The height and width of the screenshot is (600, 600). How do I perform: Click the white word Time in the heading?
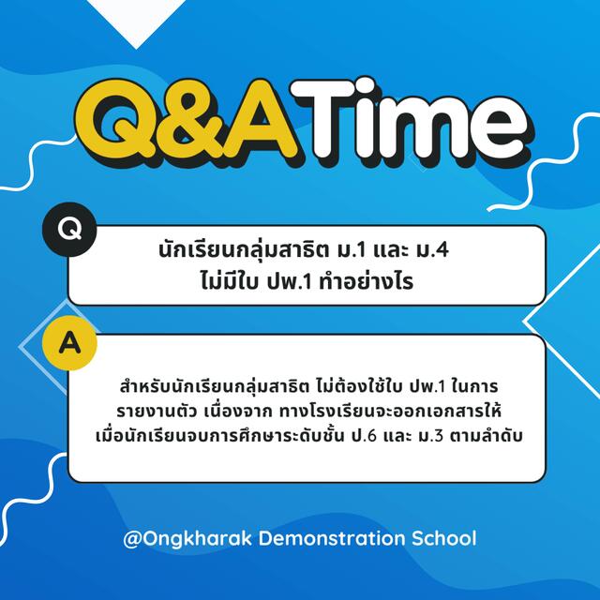click(410, 119)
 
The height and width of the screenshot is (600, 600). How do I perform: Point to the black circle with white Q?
click(69, 229)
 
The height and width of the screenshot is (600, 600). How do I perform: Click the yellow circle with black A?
click(69, 343)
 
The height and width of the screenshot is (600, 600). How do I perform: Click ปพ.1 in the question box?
click(290, 282)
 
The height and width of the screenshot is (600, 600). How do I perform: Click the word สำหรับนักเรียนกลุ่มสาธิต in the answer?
click(215, 385)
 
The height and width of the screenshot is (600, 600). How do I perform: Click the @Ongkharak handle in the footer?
click(187, 539)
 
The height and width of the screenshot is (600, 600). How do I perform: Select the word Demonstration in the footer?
click(331, 538)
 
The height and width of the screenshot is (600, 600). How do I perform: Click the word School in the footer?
click(443, 538)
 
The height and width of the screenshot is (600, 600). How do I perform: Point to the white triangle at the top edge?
click(136, 19)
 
